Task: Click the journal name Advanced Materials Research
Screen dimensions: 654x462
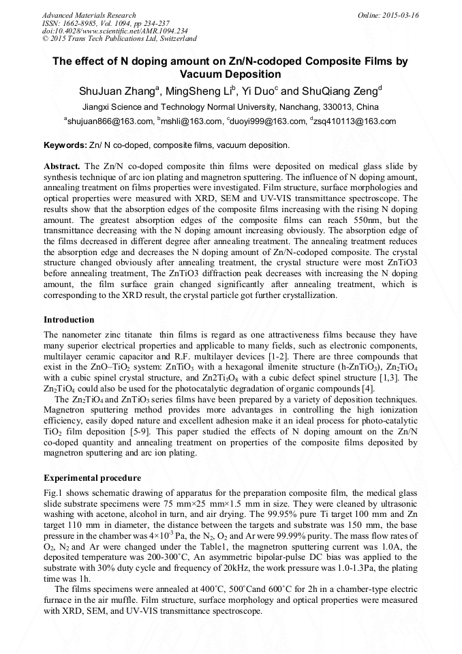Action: [x=89, y=15]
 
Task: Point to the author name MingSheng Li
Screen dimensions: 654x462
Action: [x=199, y=91]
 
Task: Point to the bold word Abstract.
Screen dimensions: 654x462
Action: [x=62, y=166]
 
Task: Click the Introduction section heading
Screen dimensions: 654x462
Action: [x=69, y=320]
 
